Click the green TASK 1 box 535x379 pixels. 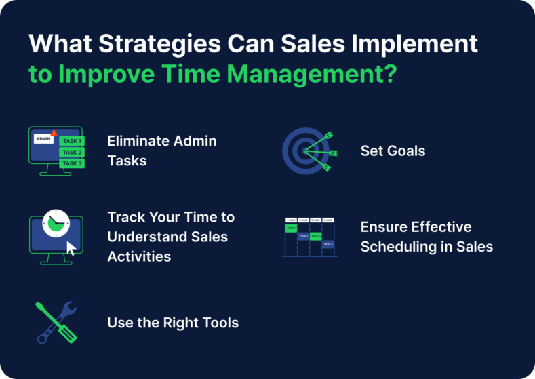[x=71, y=141]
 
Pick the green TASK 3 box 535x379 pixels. [x=71, y=163]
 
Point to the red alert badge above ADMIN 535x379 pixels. [x=54, y=132]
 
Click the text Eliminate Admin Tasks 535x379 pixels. [x=161, y=151]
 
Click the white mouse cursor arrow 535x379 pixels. [x=70, y=247]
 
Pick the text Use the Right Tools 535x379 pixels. [x=172, y=323]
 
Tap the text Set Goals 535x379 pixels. [x=393, y=151]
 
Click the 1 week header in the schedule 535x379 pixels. [x=290, y=220]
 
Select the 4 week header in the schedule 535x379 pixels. [x=328, y=220]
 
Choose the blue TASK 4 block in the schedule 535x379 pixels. [x=328, y=244]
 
